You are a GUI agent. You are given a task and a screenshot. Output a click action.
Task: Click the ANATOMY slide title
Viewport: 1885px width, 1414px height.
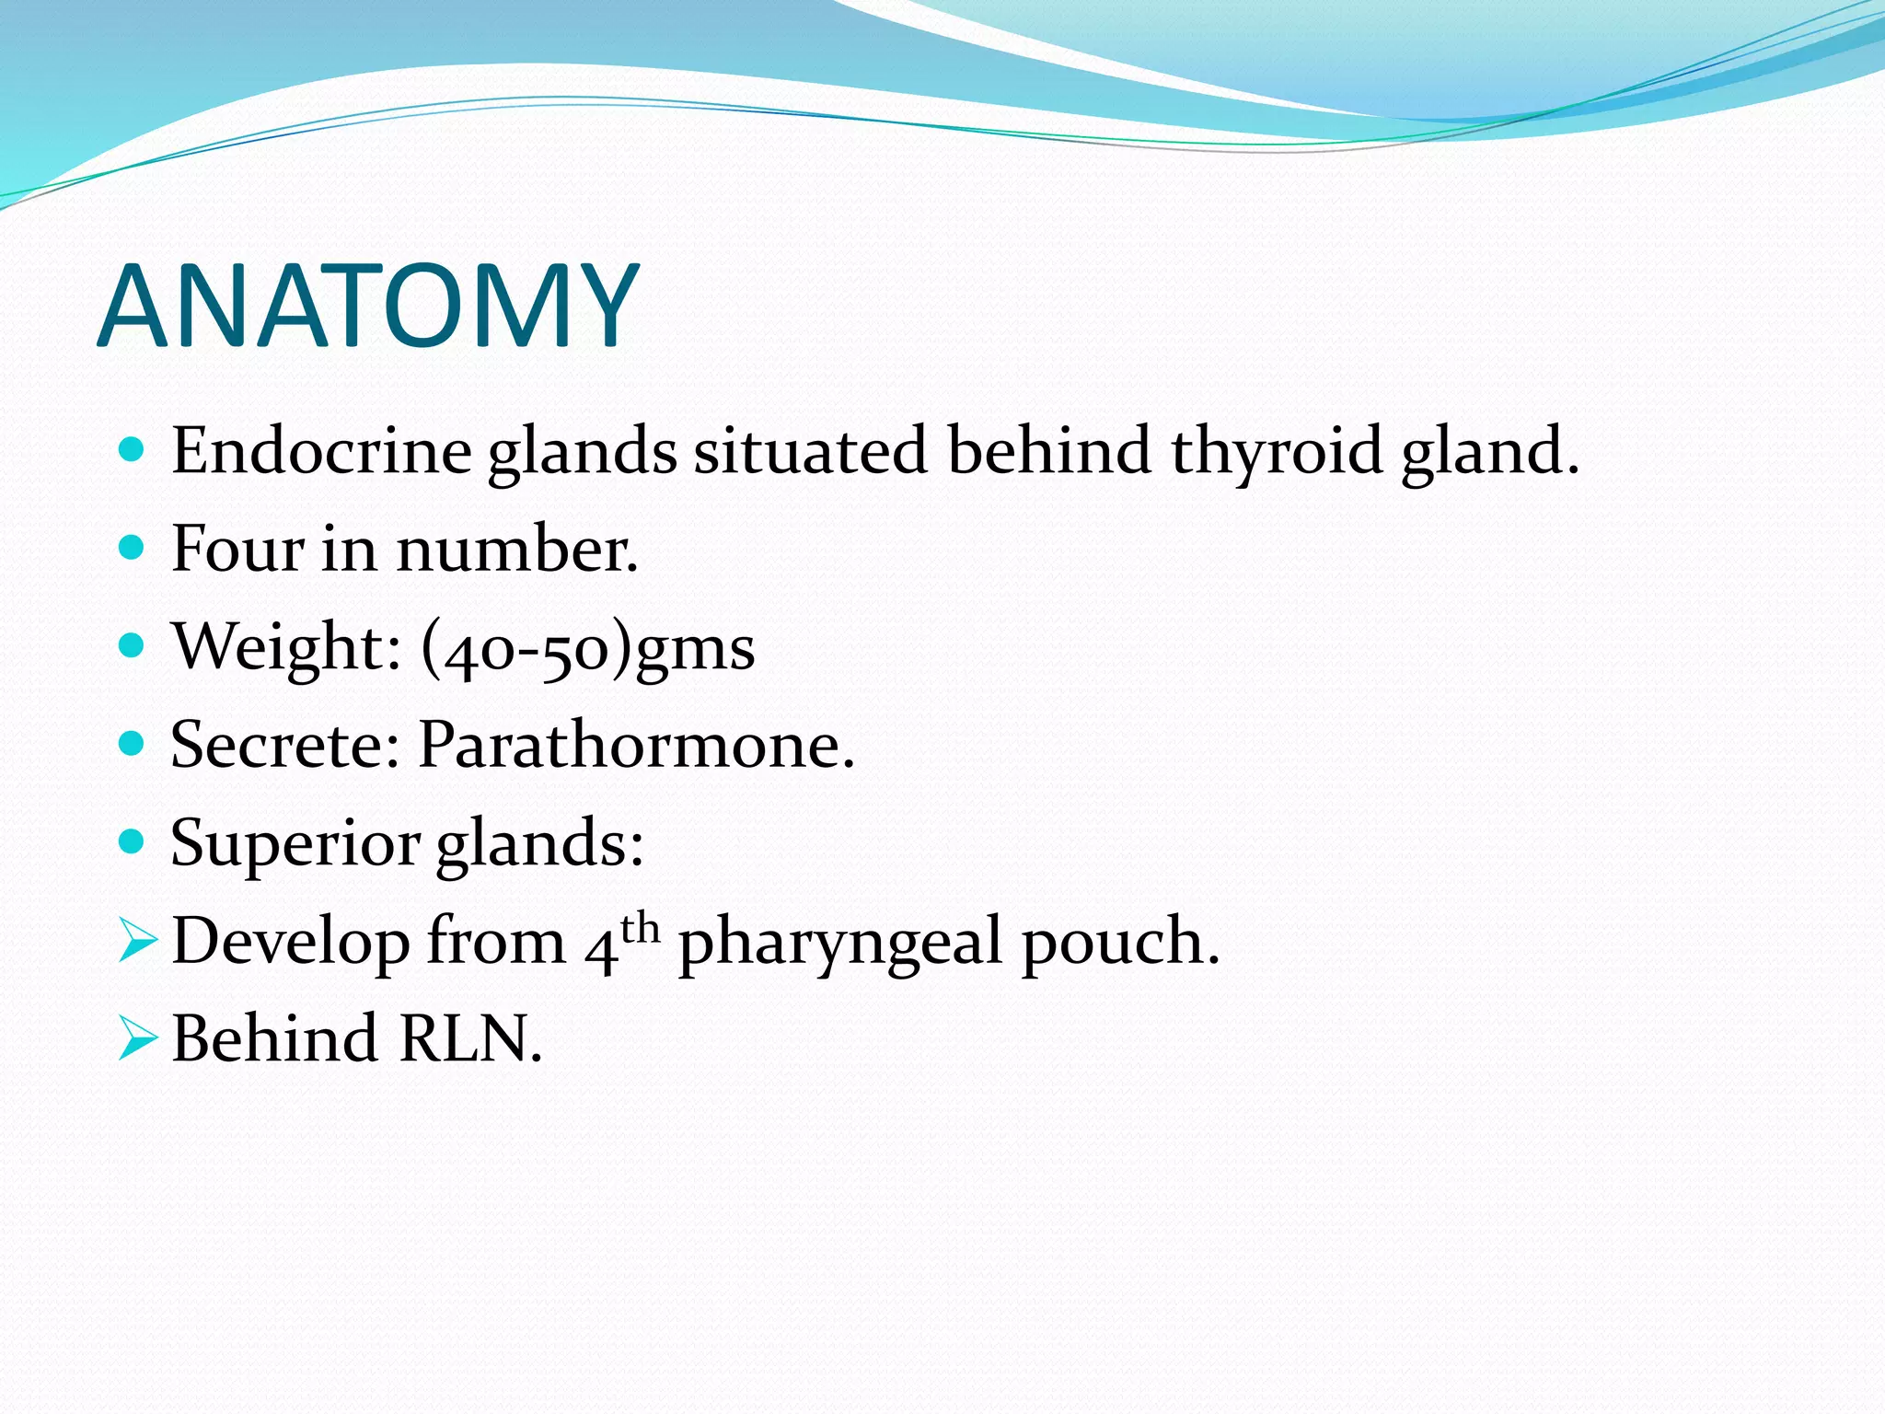click(367, 307)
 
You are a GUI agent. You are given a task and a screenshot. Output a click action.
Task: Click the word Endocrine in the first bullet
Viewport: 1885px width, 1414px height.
click(321, 451)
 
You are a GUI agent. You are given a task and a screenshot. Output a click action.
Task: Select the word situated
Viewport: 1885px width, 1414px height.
click(810, 451)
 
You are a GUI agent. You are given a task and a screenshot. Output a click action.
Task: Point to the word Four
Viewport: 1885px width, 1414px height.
click(237, 550)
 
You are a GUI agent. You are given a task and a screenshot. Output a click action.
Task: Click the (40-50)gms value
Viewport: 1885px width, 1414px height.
click(587, 648)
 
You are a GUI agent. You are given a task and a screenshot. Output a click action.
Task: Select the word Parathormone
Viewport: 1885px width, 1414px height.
click(635, 745)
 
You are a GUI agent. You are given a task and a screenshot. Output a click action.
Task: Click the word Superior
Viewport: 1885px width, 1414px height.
click(295, 844)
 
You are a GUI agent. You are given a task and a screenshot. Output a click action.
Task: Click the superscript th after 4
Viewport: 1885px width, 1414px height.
click(641, 928)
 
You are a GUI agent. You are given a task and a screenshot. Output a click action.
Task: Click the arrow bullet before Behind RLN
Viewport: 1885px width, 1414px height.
click(137, 1039)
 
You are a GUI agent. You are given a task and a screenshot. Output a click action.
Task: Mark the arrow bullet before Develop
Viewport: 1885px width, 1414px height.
click(137, 942)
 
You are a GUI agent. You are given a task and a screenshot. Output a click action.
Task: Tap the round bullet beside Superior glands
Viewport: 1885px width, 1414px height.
click(133, 841)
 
